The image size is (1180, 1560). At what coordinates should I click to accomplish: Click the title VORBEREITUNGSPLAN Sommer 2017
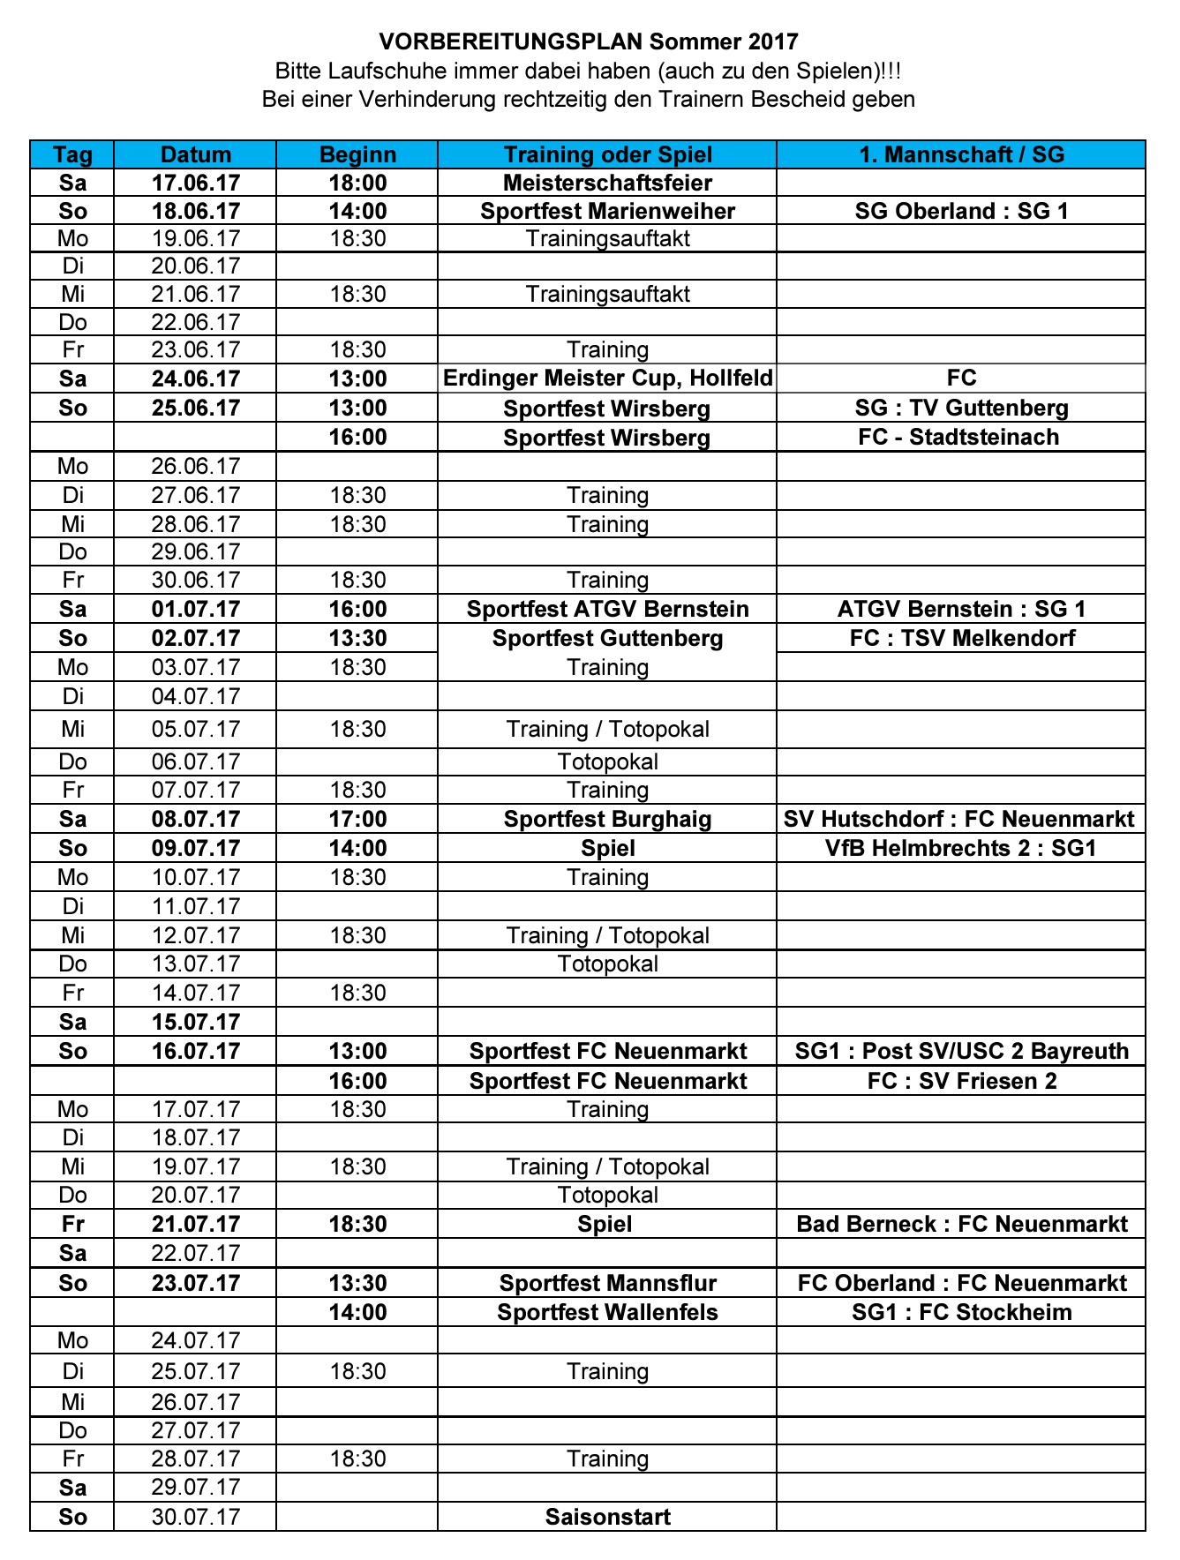589,41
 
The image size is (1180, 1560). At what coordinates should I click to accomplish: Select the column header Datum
196,154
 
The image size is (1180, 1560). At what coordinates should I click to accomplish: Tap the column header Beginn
357,154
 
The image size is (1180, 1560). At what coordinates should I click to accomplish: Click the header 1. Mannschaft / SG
961,154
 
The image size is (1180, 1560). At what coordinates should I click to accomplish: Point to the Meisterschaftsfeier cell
607,183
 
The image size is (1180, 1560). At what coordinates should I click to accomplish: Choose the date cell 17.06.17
196,183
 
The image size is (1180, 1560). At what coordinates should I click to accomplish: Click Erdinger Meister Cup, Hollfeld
607,379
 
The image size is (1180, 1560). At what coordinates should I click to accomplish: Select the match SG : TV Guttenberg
961,408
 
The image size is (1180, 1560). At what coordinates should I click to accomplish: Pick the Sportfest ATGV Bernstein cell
607,609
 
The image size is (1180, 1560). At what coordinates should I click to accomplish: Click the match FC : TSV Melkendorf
962,638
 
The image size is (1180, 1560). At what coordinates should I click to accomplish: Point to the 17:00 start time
357,819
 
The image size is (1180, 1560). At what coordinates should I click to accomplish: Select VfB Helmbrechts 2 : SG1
961,848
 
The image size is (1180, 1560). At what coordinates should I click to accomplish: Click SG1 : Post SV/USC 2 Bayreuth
961,1051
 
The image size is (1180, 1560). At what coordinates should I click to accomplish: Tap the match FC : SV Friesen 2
961,1081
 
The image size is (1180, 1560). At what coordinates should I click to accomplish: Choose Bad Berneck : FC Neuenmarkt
961,1224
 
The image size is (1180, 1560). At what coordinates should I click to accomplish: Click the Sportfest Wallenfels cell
607,1312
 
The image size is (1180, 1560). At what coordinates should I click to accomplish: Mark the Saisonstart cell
607,1517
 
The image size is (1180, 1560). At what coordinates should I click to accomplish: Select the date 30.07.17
196,1517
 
